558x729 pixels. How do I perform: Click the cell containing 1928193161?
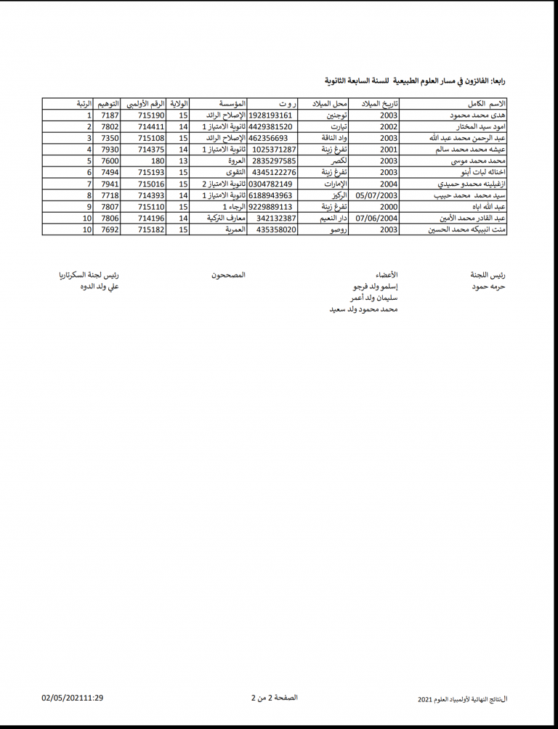(x=270, y=115)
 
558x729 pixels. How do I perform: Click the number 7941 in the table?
(x=110, y=184)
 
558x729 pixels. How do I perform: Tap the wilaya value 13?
(x=184, y=161)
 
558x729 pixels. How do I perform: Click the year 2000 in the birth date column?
(x=389, y=207)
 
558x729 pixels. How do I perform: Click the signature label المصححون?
(x=228, y=275)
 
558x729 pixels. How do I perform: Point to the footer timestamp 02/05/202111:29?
(x=73, y=698)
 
